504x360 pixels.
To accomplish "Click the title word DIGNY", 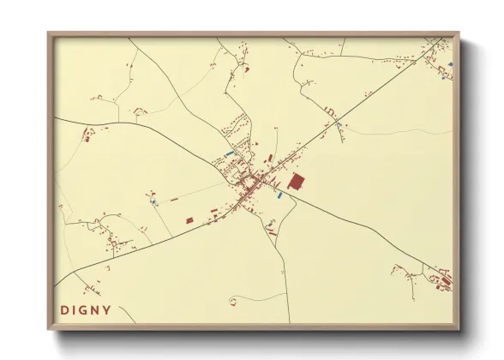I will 86,309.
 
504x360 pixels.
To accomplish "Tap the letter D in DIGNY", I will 63,309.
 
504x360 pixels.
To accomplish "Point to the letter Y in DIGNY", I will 107,309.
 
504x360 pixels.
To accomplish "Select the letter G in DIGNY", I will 86,309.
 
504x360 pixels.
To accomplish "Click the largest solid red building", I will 297,182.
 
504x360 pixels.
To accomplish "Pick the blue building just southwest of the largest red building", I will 279,195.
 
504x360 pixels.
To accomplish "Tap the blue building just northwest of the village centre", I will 229,153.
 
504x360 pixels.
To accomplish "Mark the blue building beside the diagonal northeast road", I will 339,125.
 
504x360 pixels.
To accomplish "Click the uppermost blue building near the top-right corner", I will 449,63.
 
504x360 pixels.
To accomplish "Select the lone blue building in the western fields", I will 153,203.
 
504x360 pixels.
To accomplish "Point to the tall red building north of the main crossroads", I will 270,159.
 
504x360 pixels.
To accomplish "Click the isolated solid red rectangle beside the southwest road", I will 189,219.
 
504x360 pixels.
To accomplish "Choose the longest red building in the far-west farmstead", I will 86,135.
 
